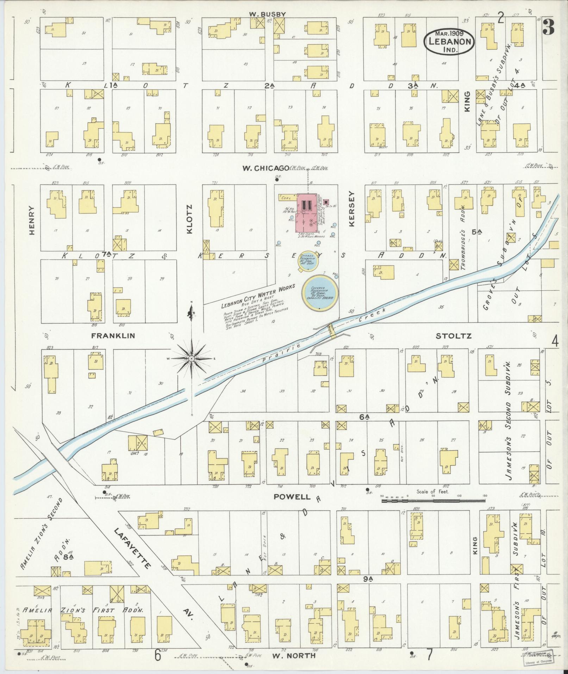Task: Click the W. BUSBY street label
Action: (x=268, y=14)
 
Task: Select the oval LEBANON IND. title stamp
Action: (x=449, y=41)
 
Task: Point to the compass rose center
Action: (x=191, y=358)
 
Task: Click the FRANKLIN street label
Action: (x=113, y=336)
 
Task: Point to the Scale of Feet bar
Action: (x=433, y=500)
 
